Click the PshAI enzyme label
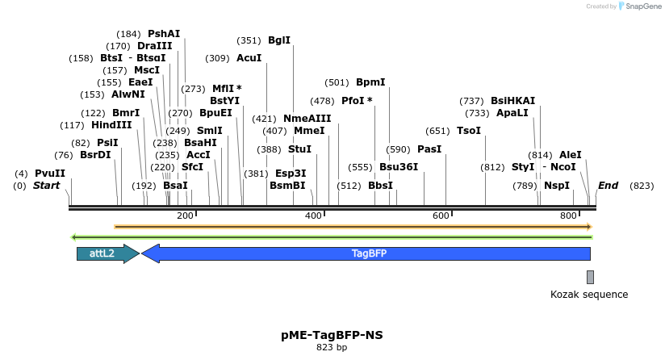pyautogui.click(x=164, y=34)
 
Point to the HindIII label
pyautogui.click(x=111, y=125)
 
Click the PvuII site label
pyautogui.click(x=50, y=174)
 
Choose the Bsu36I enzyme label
pyautogui.click(x=399, y=167)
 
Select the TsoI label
pyautogui.click(x=468, y=131)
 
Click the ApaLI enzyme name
pyautogui.click(x=512, y=113)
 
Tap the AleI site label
pyautogui.click(x=570, y=155)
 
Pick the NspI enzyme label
pyautogui.click(x=557, y=186)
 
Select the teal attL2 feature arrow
pyautogui.click(x=106, y=253)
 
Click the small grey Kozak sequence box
pyautogui.click(x=590, y=277)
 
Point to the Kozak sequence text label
pyautogui.click(x=589, y=295)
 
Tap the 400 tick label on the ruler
pyautogui.click(x=313, y=216)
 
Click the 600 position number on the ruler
pyautogui.click(x=441, y=216)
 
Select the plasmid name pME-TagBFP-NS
pyautogui.click(x=332, y=334)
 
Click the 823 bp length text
pyautogui.click(x=332, y=348)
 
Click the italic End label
pyautogui.click(x=608, y=186)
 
